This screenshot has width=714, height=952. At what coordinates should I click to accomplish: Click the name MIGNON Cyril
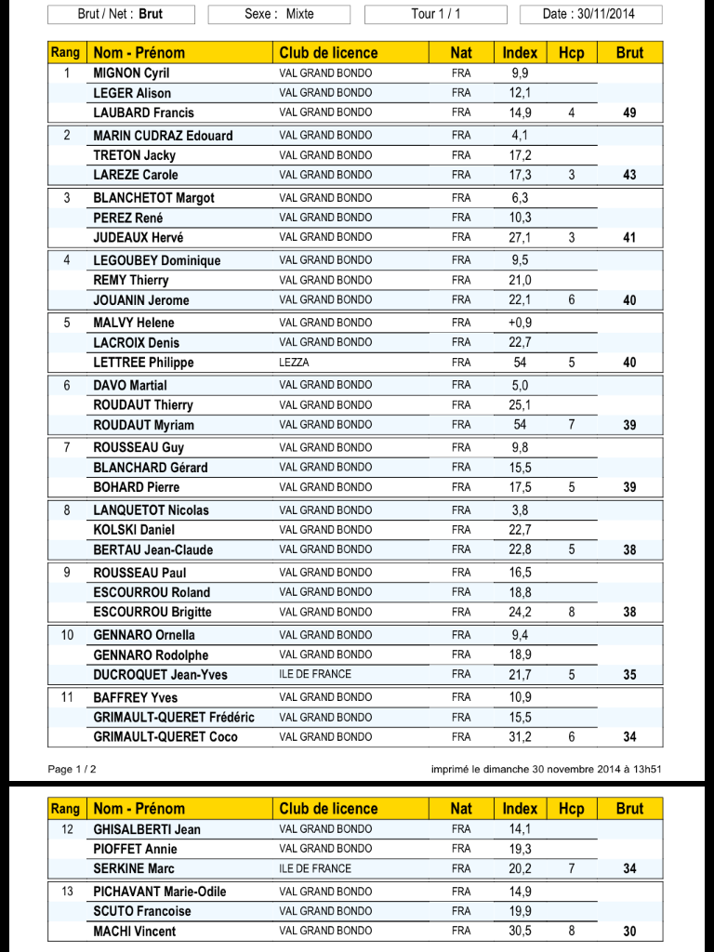(131, 73)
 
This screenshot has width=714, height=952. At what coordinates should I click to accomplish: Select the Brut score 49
(629, 113)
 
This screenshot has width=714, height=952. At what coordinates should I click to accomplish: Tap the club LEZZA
(294, 363)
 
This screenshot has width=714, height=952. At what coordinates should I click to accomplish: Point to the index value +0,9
(520, 323)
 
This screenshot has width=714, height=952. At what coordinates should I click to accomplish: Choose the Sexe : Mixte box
(279, 14)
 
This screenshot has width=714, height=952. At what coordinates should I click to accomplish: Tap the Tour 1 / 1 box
(435, 14)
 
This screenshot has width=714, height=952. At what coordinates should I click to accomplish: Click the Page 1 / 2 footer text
(72, 769)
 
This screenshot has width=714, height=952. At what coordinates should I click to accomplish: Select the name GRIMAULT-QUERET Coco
(165, 737)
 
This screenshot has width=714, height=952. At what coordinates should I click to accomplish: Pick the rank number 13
(67, 892)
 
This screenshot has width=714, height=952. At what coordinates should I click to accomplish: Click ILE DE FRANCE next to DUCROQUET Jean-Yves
(313, 675)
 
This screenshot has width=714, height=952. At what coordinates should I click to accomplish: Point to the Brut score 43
(629, 175)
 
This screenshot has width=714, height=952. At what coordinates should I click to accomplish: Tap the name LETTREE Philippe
(143, 363)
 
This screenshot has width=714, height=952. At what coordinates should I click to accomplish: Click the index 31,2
(520, 737)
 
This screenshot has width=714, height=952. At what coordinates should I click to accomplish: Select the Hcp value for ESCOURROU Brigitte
(571, 613)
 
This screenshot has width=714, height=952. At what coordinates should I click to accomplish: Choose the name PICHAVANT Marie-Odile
(160, 892)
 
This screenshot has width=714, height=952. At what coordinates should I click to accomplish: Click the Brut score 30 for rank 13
(629, 932)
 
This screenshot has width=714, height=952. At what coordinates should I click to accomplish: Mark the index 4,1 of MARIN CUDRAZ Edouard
(520, 135)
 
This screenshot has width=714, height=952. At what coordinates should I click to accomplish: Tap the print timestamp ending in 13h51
(546, 769)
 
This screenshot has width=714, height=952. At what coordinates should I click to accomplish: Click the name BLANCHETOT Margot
(153, 197)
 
